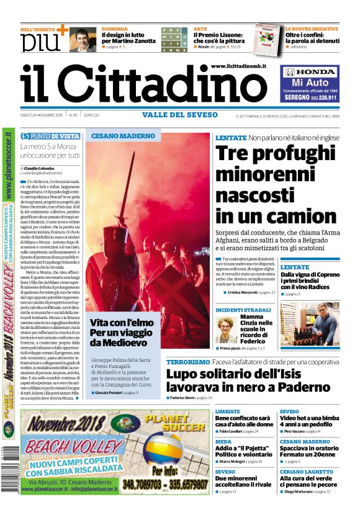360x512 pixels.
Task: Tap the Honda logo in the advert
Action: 309,72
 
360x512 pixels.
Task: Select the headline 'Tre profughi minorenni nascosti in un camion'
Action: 276,184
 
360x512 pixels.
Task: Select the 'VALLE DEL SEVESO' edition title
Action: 180,115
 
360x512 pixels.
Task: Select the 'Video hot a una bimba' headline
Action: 308,418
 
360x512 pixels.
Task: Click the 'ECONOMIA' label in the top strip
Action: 115,29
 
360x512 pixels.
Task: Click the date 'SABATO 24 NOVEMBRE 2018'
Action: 42,115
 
